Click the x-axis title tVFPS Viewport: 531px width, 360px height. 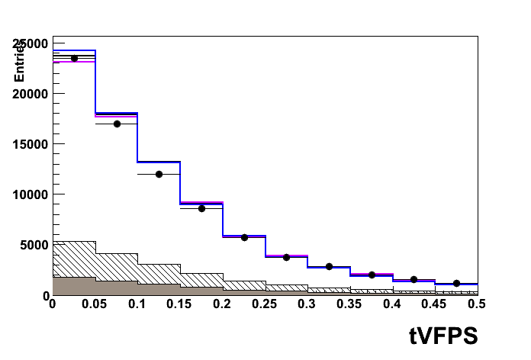(x=442, y=335)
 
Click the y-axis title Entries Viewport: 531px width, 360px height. (x=20, y=62)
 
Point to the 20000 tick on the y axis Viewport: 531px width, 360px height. (x=30, y=93)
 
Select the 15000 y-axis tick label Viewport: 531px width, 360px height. (x=30, y=143)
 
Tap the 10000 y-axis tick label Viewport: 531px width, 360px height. (x=30, y=194)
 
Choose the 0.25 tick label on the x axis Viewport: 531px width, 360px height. (x=264, y=304)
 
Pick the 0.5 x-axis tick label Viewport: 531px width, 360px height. (x=476, y=304)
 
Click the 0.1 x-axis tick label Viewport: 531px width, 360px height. (x=137, y=304)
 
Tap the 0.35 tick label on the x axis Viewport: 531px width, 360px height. (x=349, y=304)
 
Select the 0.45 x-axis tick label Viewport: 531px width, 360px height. (x=434, y=304)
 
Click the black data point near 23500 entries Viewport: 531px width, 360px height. (x=74, y=58)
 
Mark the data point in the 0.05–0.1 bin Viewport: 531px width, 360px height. (x=117, y=124)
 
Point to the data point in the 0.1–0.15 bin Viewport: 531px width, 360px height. (x=159, y=174)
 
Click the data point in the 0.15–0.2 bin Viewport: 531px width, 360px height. (x=201, y=208)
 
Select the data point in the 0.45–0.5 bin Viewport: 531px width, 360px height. (x=456, y=283)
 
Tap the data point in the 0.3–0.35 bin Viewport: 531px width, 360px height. (x=329, y=266)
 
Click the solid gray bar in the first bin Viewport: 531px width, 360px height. (x=74, y=286)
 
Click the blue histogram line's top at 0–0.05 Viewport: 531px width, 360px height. (x=74, y=50)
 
